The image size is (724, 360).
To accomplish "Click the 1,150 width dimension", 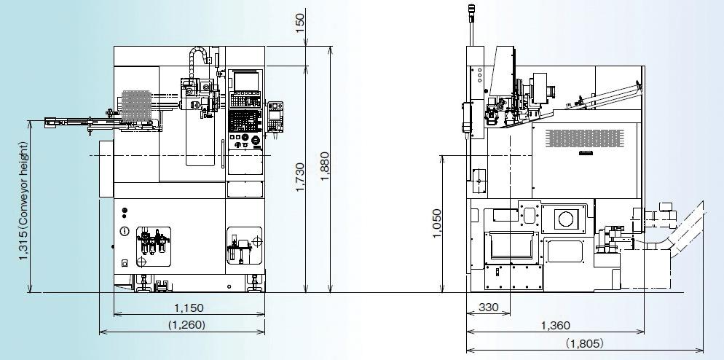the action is [189, 308].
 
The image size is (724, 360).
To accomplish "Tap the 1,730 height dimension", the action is [300, 177].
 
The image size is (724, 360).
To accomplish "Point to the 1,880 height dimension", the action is [325, 167].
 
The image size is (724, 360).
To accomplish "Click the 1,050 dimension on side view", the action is [437, 224].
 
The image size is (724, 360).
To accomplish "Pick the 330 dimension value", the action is [489, 308].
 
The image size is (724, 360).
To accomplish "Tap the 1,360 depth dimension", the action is [556, 326].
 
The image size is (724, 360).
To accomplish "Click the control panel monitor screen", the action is [245, 82].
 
